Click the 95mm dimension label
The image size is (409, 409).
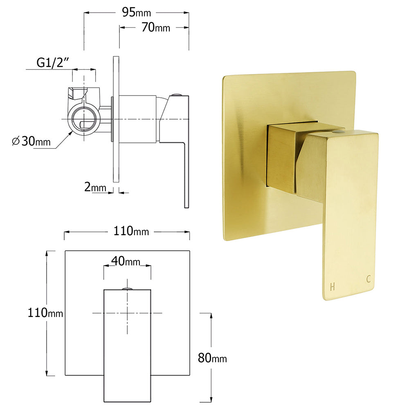point(137,13)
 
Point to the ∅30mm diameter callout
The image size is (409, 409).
point(31,142)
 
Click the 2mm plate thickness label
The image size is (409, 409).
point(95,188)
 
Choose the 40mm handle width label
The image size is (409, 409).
point(126,261)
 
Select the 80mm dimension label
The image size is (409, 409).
point(212,358)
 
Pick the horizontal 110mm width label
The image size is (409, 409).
point(127,231)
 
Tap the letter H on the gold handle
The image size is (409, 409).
point(332,287)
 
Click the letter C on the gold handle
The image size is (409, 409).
point(369,280)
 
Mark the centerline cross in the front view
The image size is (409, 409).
point(127,313)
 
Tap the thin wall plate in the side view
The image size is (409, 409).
point(116,119)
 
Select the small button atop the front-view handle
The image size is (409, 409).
point(127,289)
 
